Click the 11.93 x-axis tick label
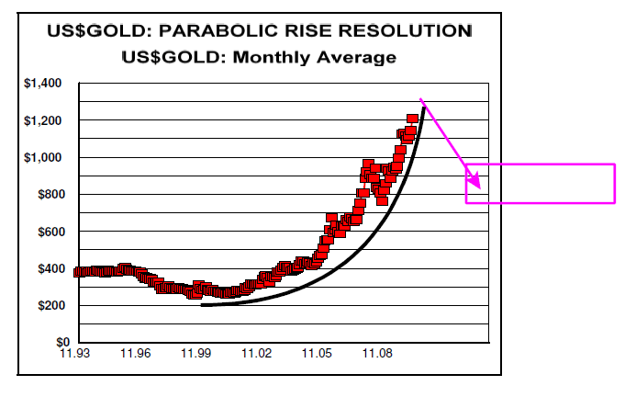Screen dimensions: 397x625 [x=75, y=353]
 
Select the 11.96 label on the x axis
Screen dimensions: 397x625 [x=136, y=353]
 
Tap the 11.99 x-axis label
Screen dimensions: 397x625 [x=196, y=353]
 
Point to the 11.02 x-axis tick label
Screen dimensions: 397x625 [x=257, y=353]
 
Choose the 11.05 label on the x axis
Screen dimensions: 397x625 [x=318, y=353]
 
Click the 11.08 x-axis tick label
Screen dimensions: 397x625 [x=378, y=353]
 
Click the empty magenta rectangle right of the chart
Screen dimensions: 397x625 [x=540, y=183]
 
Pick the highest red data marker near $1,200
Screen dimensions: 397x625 [x=412, y=119]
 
